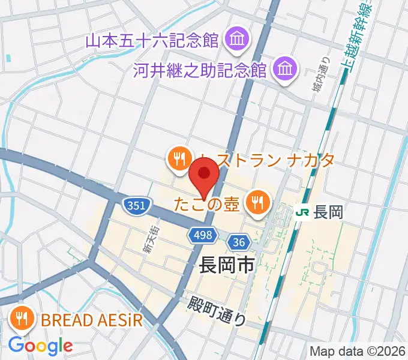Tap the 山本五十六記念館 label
coord(152,41)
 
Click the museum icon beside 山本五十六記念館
coord(233,41)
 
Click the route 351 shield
coord(136,206)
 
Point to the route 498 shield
coord(203,235)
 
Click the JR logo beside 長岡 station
coord(304,212)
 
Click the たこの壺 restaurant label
coord(207,203)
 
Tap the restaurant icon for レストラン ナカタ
coord(179,159)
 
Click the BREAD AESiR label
coord(92,319)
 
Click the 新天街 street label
coord(148,239)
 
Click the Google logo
coord(40,346)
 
